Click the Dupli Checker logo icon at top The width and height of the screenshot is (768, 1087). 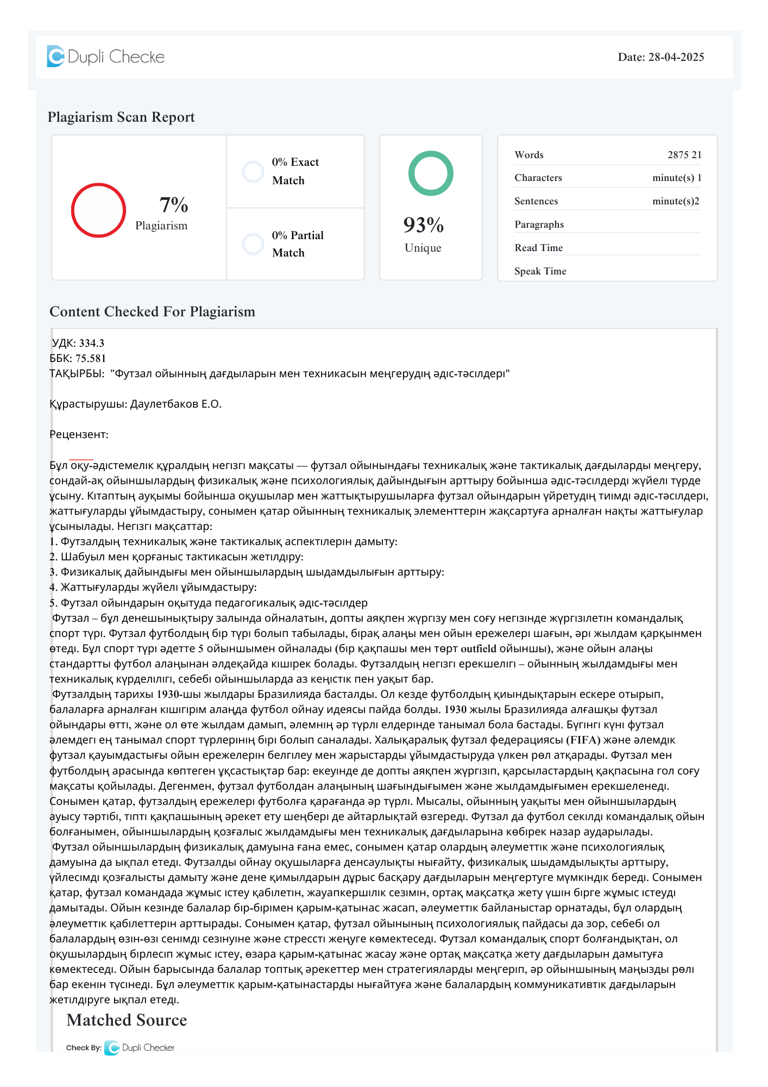[x=55, y=57]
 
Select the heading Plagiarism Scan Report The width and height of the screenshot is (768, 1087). [x=121, y=117]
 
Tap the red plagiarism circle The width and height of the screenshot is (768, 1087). [x=98, y=210]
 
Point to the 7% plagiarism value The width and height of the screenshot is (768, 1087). [x=174, y=205]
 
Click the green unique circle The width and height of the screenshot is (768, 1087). [x=431, y=173]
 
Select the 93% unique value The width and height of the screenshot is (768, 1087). [x=424, y=225]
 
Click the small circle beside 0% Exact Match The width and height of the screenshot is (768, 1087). [x=253, y=172]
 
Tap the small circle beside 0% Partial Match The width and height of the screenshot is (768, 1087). [x=253, y=244]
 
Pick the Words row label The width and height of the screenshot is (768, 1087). [x=529, y=155]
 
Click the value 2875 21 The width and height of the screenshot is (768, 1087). [x=684, y=155]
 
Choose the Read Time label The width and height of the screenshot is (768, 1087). [x=539, y=248]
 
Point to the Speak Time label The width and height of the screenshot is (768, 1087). [x=540, y=271]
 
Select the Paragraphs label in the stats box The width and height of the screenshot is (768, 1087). [x=539, y=224]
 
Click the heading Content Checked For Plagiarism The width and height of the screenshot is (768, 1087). [x=152, y=312]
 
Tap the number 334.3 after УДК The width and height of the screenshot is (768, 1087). [x=92, y=343]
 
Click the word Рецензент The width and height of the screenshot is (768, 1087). [x=79, y=434]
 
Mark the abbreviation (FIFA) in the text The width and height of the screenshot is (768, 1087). [x=583, y=740]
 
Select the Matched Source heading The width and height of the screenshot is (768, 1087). [x=127, y=1020]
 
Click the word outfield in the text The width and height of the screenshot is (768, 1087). [x=479, y=648]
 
